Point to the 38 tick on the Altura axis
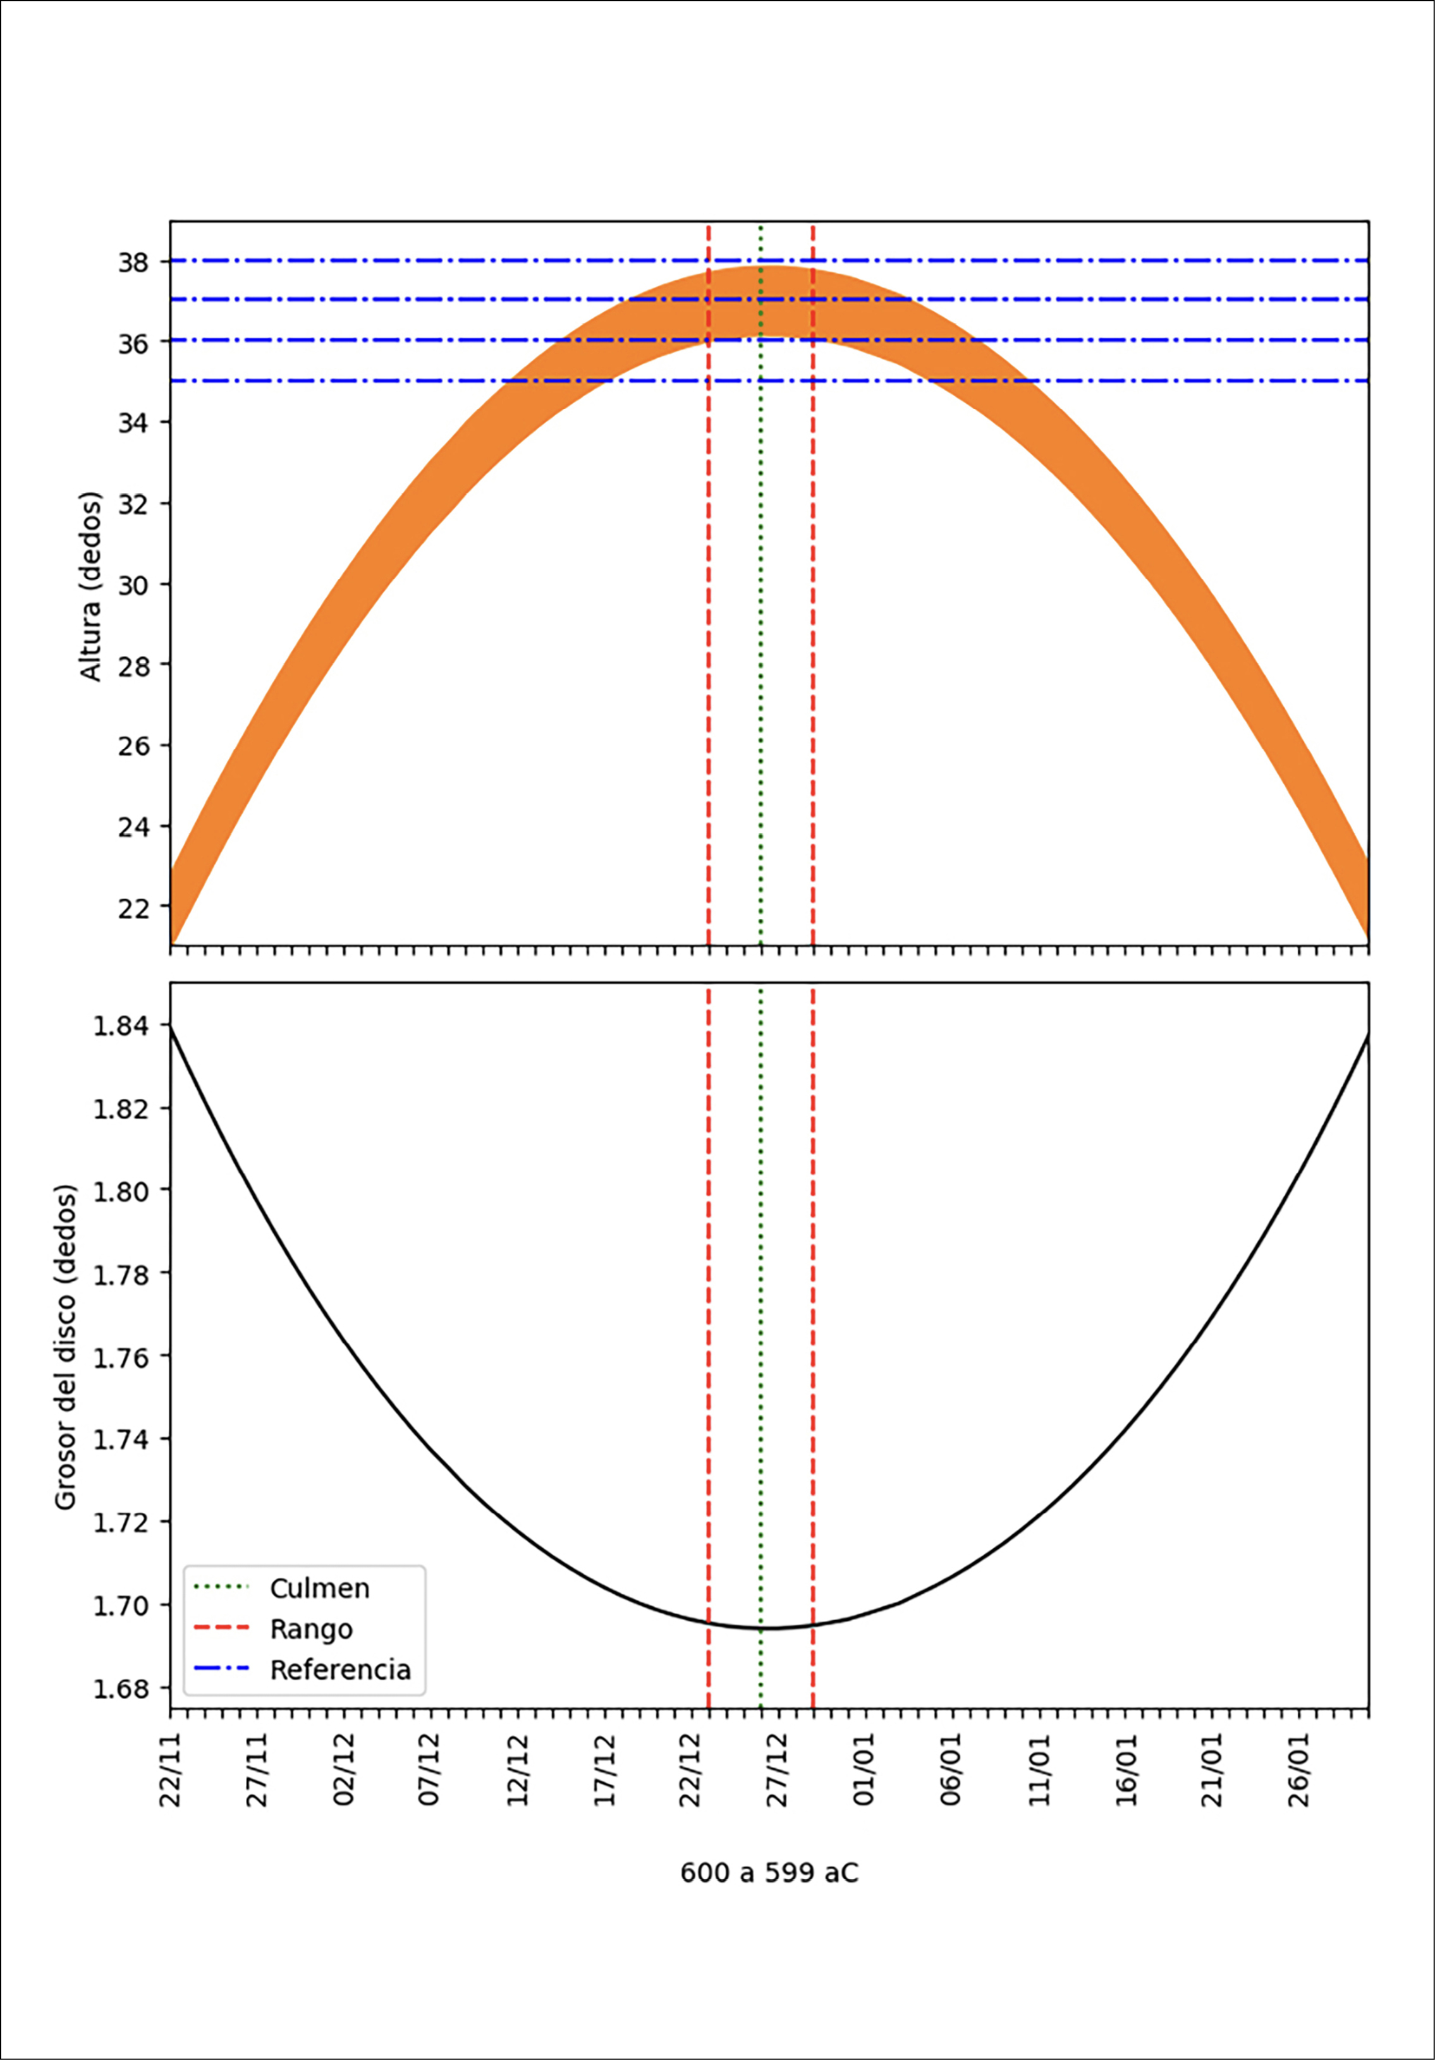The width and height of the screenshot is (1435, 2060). point(135,262)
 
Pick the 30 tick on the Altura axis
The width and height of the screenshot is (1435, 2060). point(135,585)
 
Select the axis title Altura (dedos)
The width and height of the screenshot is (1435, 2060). point(92,586)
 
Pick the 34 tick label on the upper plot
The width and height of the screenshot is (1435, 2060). point(135,423)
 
